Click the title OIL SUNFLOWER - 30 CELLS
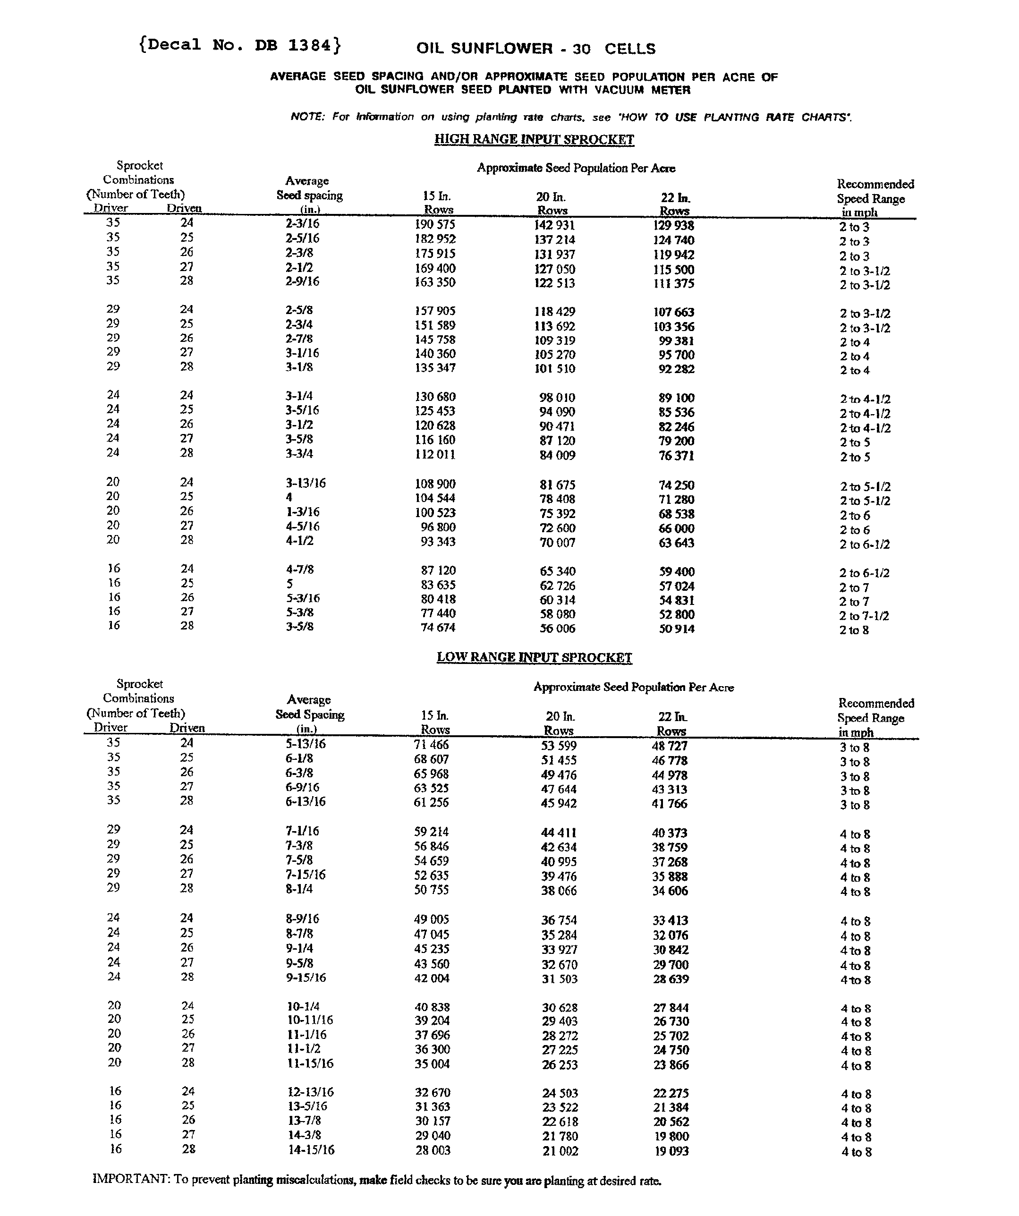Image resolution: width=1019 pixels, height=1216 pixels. (x=535, y=49)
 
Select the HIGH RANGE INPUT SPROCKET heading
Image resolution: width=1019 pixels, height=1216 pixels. (x=534, y=140)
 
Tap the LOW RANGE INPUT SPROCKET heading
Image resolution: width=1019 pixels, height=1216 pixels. (x=534, y=657)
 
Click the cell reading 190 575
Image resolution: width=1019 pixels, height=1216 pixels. (x=435, y=225)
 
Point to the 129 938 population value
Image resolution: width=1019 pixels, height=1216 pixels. (x=673, y=226)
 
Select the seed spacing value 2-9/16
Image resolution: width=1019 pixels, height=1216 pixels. (x=302, y=281)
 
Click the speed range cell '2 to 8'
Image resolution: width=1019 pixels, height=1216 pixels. (x=854, y=630)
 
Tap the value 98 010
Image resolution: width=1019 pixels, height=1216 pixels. (x=557, y=398)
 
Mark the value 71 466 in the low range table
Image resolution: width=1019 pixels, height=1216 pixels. (x=431, y=745)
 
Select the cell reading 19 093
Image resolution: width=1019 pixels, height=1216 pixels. (x=671, y=1151)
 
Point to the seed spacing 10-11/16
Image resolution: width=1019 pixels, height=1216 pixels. (x=310, y=1020)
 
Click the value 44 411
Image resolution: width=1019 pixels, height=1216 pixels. (x=559, y=833)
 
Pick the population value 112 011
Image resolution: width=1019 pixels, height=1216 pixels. (x=435, y=455)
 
